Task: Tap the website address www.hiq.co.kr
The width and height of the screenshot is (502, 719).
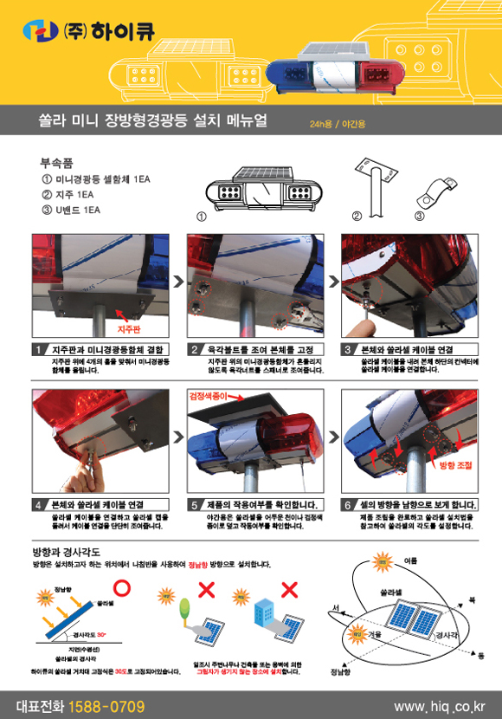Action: click(439, 706)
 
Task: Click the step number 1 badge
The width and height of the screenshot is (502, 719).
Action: click(40, 349)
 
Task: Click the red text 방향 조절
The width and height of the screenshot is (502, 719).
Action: click(456, 465)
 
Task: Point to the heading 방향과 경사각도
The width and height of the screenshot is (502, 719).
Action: click(66, 551)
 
